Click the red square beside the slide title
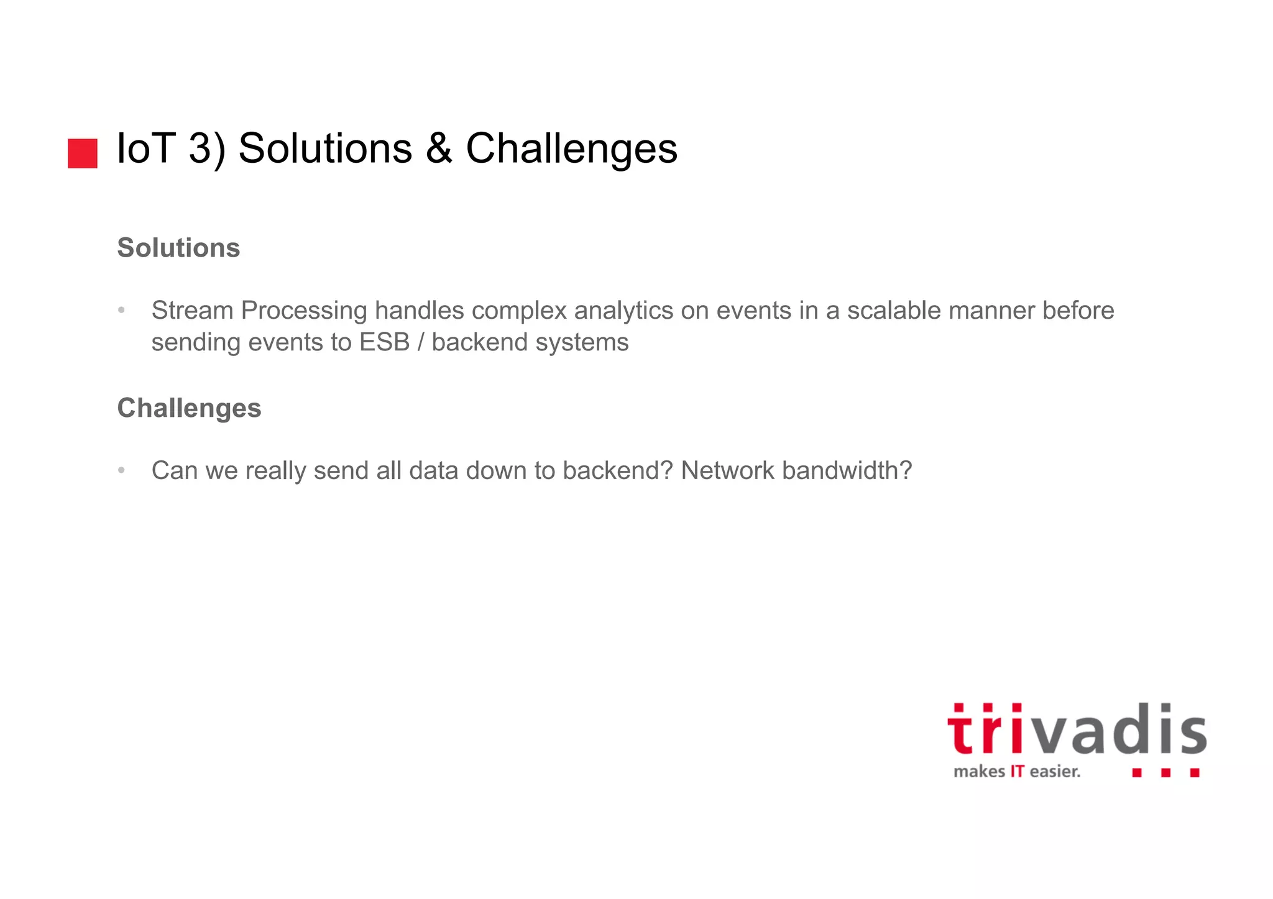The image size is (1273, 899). pos(83,153)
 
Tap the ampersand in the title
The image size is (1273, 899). pos(439,149)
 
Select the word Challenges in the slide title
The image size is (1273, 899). pos(571,149)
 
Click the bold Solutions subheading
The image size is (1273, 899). pos(178,248)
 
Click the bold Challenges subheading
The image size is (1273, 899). pos(189,408)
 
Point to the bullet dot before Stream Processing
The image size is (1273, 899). pos(122,310)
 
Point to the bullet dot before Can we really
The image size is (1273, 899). pos(122,470)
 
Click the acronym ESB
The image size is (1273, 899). pos(384,342)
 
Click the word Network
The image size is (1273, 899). pos(727,471)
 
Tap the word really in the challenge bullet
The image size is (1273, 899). pos(275,471)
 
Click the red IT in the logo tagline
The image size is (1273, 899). pos(1017,772)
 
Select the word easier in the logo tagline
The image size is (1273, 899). pos(1054,772)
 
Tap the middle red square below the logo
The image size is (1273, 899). pos(1165,772)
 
